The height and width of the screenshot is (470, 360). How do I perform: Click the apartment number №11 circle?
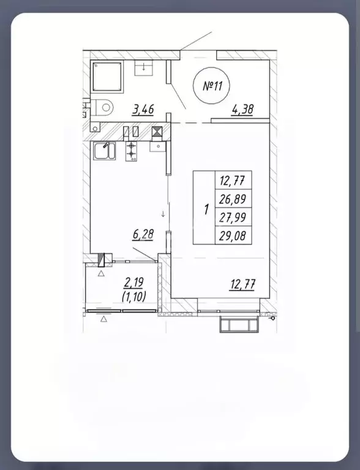[x=212, y=86]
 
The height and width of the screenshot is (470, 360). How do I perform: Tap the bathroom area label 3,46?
[x=143, y=110]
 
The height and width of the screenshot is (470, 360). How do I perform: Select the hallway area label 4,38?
[x=242, y=110]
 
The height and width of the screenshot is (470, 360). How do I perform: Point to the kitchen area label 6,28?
[x=143, y=235]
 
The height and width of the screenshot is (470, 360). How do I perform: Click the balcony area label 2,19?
[x=134, y=282]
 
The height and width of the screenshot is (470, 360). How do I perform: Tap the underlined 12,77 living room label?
[x=242, y=284]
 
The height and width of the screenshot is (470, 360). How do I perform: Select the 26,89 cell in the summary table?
[x=233, y=199]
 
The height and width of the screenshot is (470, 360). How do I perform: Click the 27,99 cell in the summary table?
[x=233, y=217]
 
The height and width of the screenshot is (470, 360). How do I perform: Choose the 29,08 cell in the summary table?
[x=233, y=235]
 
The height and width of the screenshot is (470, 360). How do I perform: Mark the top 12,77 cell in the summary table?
[x=233, y=180]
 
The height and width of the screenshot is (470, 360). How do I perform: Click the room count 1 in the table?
[x=206, y=209]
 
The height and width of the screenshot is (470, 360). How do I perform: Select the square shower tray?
[x=108, y=77]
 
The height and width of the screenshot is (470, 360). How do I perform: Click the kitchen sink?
[x=104, y=151]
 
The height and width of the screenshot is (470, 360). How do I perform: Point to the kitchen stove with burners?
[x=132, y=151]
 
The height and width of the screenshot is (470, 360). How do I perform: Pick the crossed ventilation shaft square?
[x=157, y=132]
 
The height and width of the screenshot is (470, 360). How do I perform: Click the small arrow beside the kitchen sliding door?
[x=163, y=214]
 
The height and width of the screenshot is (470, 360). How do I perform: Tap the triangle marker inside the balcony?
[x=101, y=273]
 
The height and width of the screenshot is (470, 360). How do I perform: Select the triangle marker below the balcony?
[x=103, y=319]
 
